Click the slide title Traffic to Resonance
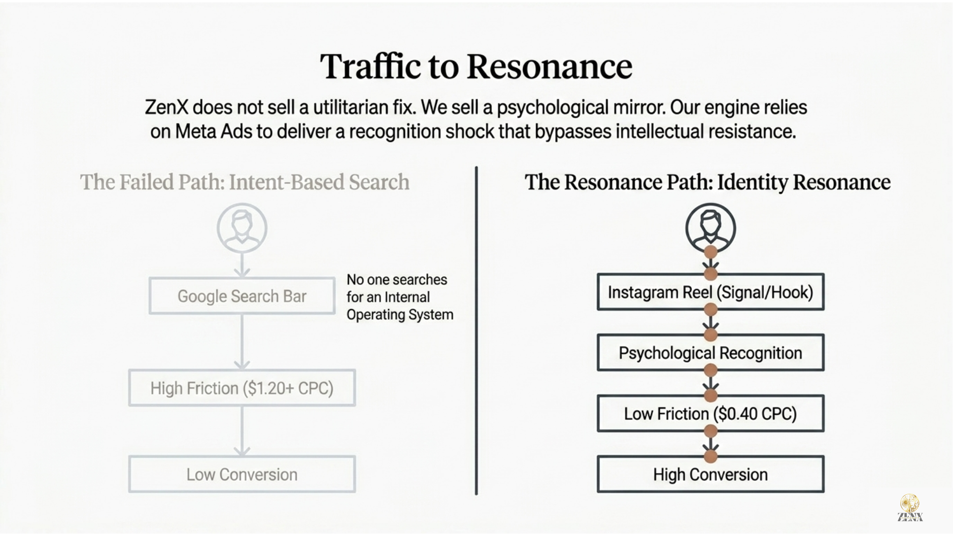476,66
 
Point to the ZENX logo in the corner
910,508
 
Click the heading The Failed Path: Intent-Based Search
245,182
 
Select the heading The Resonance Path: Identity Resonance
708,182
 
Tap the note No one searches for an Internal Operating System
400,297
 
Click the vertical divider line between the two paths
476,331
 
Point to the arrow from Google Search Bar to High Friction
242,342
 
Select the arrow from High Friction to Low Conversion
242,431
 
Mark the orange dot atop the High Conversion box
711,456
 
